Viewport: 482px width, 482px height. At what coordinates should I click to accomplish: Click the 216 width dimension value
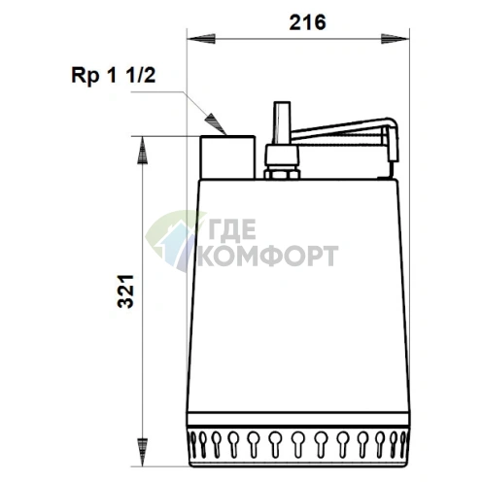point(307,22)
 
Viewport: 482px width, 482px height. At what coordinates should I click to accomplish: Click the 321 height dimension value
point(125,292)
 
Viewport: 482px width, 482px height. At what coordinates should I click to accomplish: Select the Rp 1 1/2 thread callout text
point(114,76)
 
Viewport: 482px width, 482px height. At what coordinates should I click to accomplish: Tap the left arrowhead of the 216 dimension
point(201,39)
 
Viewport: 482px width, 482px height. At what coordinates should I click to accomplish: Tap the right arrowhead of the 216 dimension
point(395,39)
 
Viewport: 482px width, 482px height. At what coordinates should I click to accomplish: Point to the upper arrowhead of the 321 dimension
point(142,150)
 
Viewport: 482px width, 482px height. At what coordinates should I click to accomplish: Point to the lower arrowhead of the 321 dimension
point(142,452)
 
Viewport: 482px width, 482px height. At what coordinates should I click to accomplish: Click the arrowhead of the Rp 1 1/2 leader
point(216,124)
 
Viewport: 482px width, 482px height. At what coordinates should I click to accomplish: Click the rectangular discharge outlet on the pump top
point(227,157)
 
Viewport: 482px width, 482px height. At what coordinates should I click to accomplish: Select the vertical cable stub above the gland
point(282,123)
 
